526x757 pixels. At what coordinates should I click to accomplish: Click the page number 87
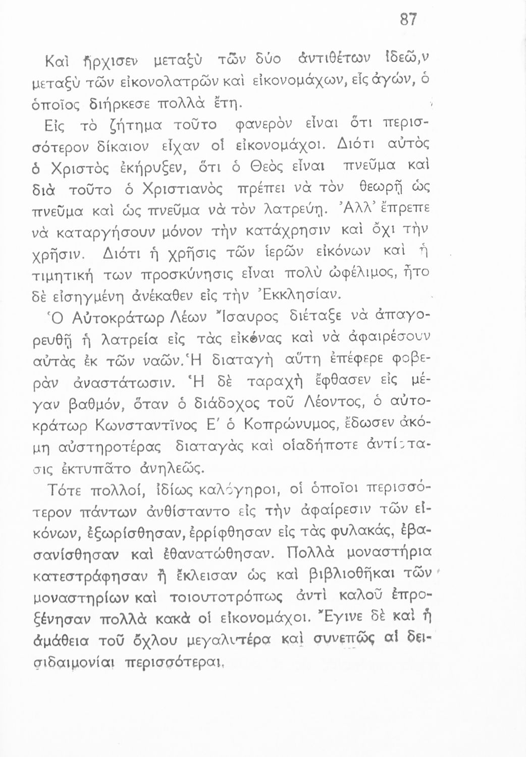408,20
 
